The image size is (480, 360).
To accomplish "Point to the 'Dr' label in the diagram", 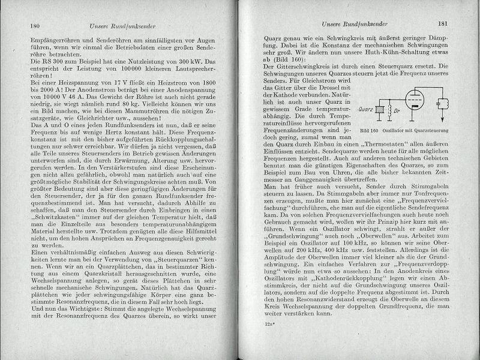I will click(397, 128).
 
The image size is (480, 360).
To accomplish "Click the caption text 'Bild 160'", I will click(370, 146).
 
